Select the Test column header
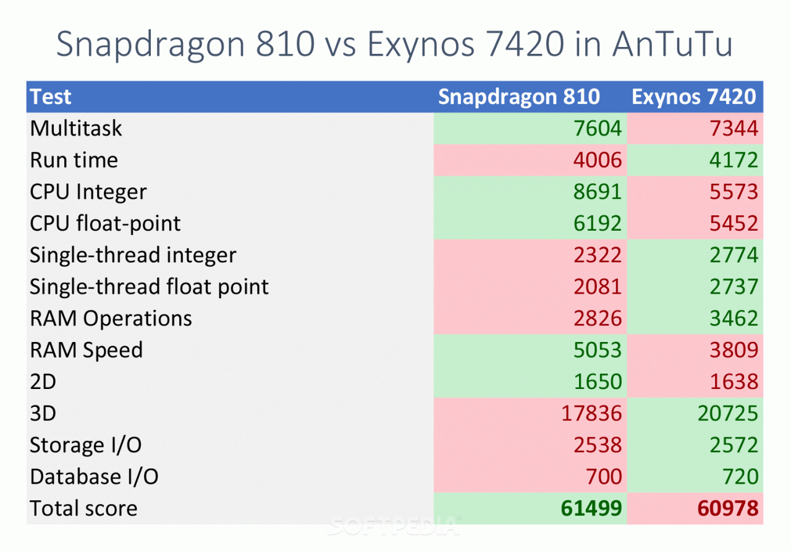pyautogui.click(x=51, y=96)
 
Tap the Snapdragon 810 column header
pyautogui.click(x=518, y=96)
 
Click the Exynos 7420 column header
pyautogui.click(x=693, y=96)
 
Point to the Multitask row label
pyautogui.click(x=76, y=129)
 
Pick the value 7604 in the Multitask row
pyautogui.click(x=597, y=129)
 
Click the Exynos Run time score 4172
pyautogui.click(x=734, y=160)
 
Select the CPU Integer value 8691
pyautogui.click(x=597, y=192)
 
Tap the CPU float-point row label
pyautogui.click(x=105, y=223)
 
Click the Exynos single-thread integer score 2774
pyautogui.click(x=734, y=255)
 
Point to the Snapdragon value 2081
pyautogui.click(x=597, y=287)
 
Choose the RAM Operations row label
pyautogui.click(x=111, y=318)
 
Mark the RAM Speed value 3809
pyautogui.click(x=734, y=350)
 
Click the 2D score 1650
pyautogui.click(x=597, y=382)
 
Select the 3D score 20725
pyautogui.click(x=727, y=413)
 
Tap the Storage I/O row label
pyautogui.click(x=85, y=445)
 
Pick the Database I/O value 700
pyautogui.click(x=604, y=477)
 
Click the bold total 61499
pyautogui.click(x=591, y=508)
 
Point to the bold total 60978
pyautogui.click(x=727, y=508)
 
